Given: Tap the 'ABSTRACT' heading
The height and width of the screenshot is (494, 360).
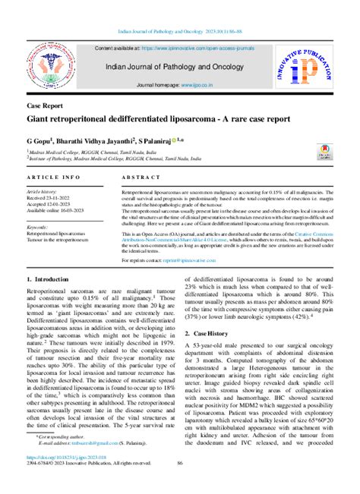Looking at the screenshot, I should click(137, 177).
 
